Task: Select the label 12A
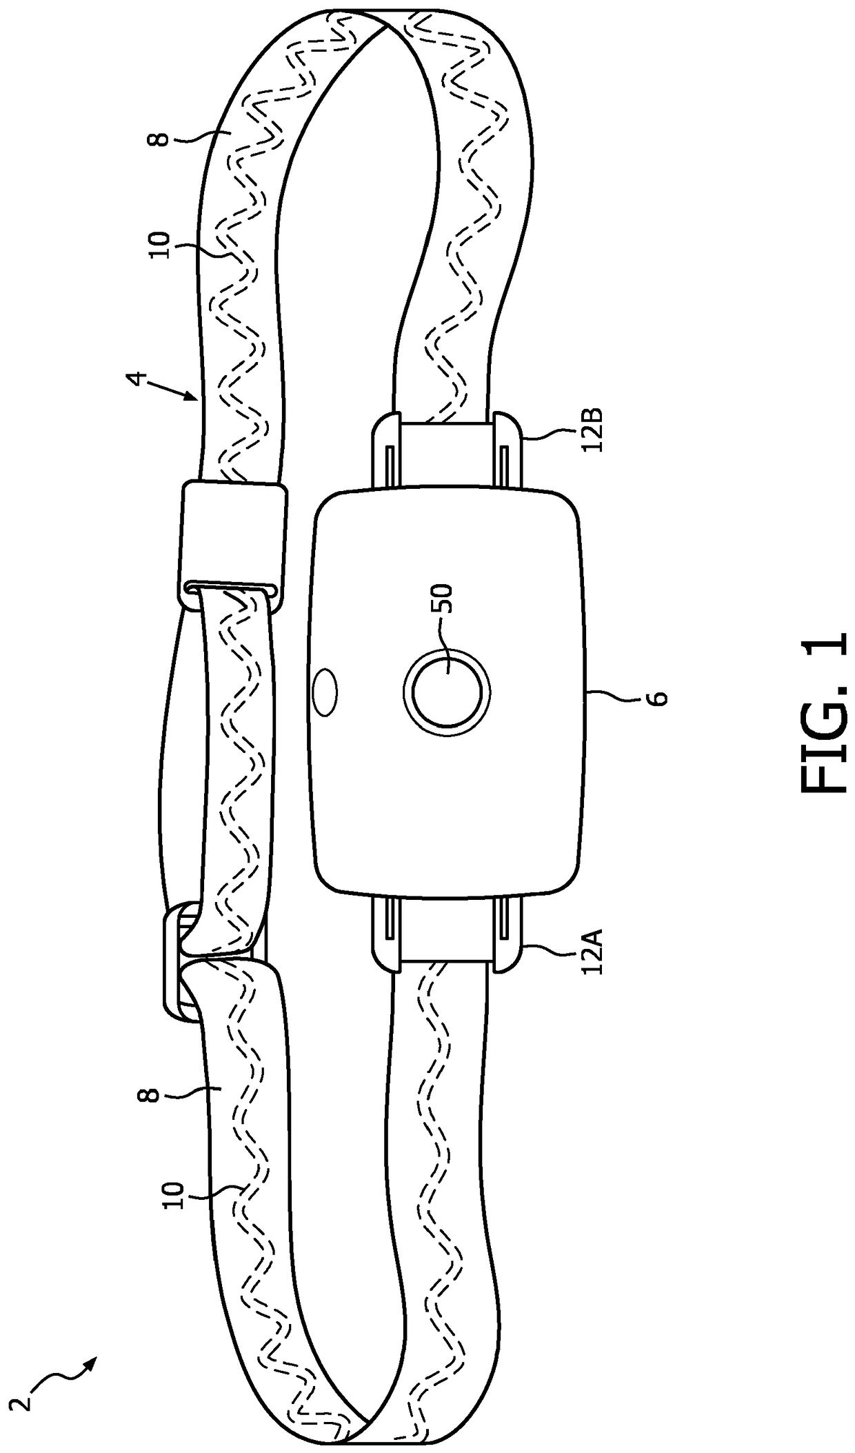(x=594, y=952)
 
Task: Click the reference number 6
(x=660, y=698)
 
